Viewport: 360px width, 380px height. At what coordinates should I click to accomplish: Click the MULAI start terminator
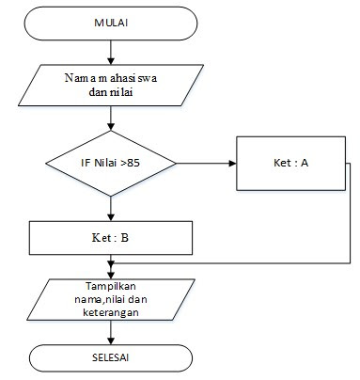113,22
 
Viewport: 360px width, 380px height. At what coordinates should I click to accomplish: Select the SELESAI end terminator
112,360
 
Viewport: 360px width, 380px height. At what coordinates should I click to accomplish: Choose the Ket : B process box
111,236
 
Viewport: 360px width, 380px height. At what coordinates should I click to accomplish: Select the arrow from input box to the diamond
112,118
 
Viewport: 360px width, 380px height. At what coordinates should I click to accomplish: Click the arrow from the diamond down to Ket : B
112,208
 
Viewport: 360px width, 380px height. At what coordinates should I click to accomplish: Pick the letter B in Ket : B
125,236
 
